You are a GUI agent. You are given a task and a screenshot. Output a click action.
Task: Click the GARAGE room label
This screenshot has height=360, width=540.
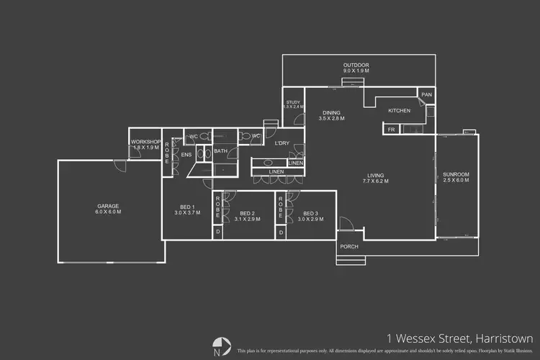point(109,206)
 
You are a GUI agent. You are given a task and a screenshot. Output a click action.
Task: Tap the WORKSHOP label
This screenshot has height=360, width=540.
point(144,141)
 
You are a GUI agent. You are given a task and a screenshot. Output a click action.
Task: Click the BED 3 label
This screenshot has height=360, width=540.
point(310,213)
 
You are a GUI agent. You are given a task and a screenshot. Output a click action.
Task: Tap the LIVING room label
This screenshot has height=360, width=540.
point(375,176)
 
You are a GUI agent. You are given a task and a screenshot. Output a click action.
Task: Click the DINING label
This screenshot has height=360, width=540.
point(332,112)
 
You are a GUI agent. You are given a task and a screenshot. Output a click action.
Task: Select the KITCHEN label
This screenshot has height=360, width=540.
point(399,110)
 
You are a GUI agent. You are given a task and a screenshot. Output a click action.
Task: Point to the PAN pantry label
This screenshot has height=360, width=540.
point(426,94)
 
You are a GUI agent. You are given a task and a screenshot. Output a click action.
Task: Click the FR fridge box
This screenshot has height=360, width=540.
point(392,130)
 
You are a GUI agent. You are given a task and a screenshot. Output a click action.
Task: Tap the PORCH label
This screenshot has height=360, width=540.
point(349,246)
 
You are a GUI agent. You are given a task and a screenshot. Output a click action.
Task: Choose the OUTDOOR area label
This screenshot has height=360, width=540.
point(356,66)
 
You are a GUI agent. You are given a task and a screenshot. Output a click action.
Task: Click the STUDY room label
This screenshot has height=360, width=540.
point(293,102)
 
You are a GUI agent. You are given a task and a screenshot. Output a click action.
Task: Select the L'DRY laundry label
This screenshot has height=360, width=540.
point(282,143)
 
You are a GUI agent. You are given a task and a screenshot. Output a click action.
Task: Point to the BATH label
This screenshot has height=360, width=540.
point(220,151)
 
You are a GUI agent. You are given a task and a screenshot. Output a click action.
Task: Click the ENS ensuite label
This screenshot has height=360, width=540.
point(186,155)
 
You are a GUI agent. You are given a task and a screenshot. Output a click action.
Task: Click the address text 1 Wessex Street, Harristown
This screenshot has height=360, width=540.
point(459,338)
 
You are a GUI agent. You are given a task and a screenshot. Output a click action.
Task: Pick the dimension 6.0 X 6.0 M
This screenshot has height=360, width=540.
point(109,212)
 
